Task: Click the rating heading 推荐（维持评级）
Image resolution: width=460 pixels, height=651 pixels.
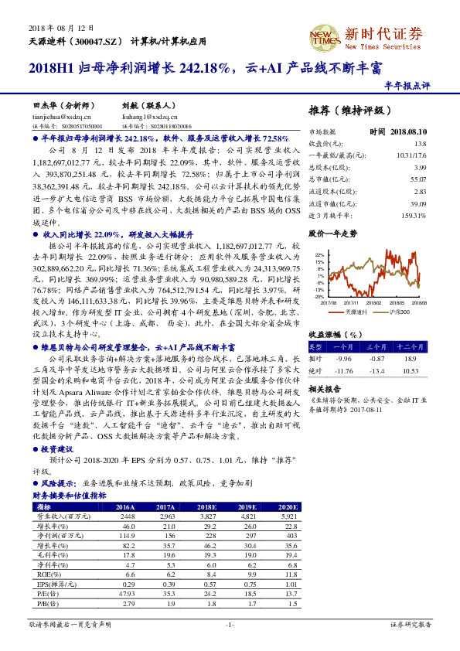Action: [345, 109]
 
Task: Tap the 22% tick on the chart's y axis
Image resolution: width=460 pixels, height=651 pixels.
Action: [319, 254]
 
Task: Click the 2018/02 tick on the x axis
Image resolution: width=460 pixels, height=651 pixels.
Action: [373, 303]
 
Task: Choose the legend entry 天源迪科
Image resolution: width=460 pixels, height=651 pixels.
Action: [354, 311]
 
